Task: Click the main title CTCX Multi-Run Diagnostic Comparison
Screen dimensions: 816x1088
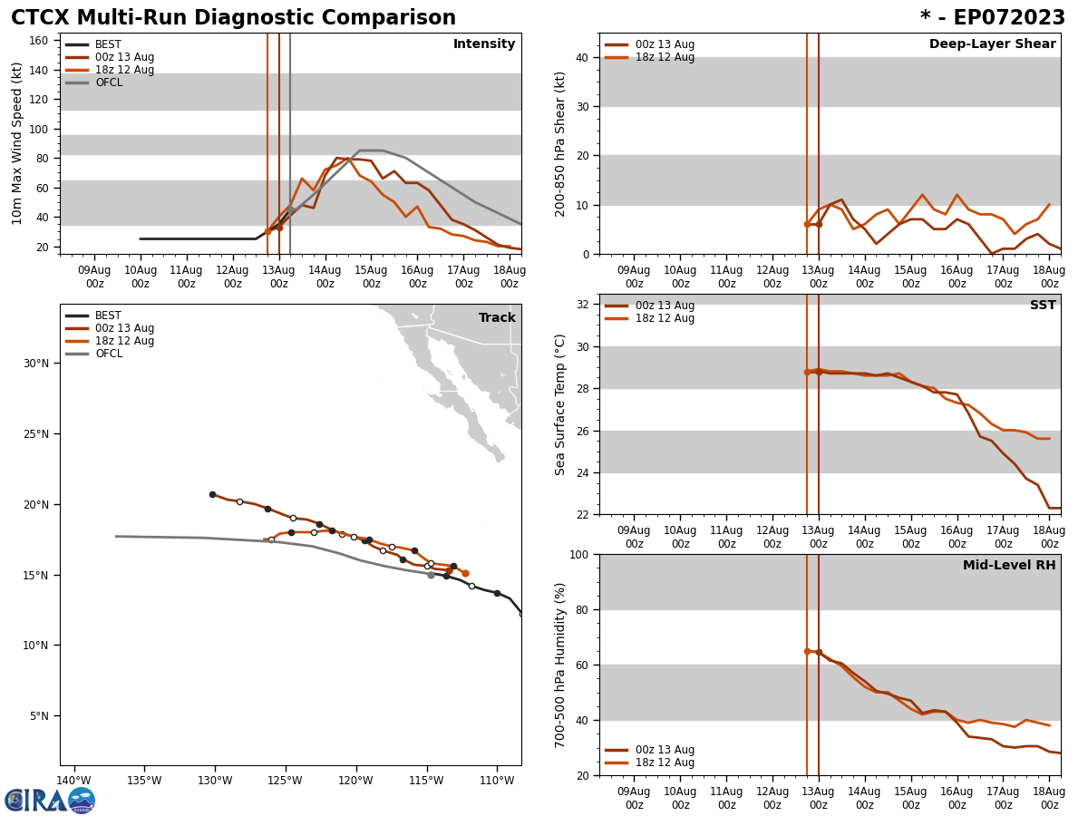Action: [x=233, y=18]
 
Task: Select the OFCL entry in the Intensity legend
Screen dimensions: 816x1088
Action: [x=108, y=83]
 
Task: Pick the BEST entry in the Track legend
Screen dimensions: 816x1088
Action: [x=108, y=316]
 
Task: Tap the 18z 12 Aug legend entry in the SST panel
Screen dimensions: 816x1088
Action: [x=665, y=318]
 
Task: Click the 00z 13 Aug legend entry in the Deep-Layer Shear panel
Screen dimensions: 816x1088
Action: [x=665, y=44]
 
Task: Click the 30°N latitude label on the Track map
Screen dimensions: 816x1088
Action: [x=35, y=364]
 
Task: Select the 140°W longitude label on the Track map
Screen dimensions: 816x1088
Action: [x=74, y=781]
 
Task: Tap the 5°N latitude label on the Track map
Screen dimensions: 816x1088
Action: [x=38, y=716]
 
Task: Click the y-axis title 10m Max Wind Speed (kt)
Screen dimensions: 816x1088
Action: [x=17, y=143]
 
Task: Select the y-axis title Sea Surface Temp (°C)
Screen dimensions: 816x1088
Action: [x=560, y=404]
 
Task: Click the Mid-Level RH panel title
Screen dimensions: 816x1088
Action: [x=1009, y=566]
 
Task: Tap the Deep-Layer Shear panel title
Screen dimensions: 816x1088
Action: [x=992, y=44]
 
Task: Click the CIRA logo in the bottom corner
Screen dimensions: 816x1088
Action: [x=50, y=800]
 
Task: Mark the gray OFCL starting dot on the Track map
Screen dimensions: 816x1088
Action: [x=431, y=575]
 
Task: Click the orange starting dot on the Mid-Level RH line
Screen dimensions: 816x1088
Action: [x=807, y=651]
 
